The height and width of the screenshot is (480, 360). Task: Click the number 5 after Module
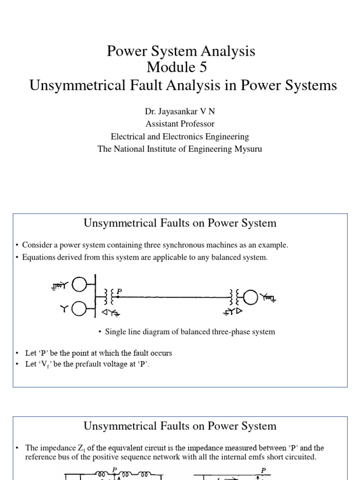[x=202, y=67]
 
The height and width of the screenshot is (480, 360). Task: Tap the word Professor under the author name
[x=196, y=124]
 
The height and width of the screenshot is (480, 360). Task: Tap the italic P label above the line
[x=119, y=292]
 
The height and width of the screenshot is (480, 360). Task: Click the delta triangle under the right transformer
[x=239, y=311]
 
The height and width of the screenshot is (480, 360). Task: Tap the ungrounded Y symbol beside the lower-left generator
[x=63, y=308]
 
